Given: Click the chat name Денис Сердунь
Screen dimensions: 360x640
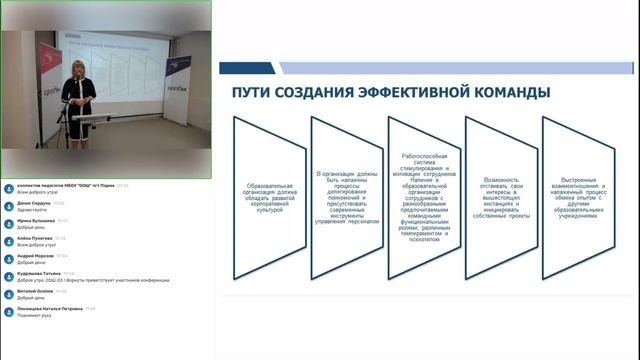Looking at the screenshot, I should pyautogui.click(x=35, y=202).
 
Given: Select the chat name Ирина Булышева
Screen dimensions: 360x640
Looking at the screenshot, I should pyautogui.click(x=35, y=220).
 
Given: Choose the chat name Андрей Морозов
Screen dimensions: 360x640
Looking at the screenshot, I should pyautogui.click(x=35, y=256).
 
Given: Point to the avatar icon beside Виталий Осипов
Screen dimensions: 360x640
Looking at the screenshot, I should pyautogui.click(x=9, y=294).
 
